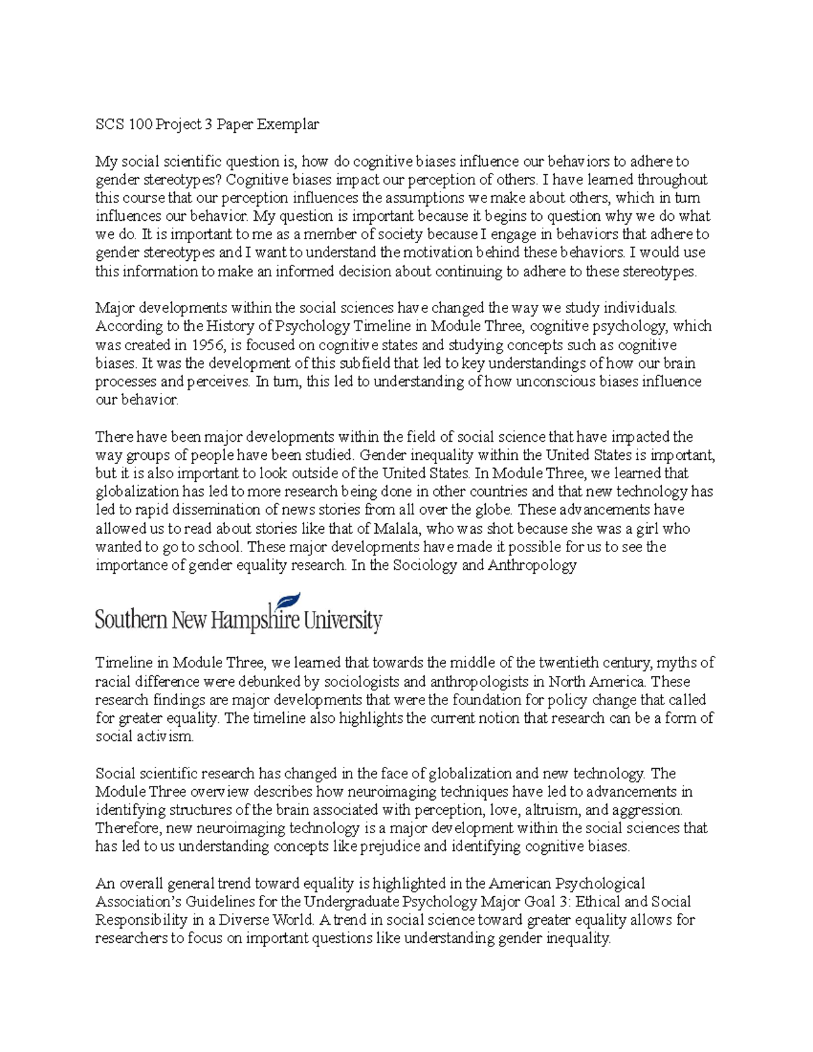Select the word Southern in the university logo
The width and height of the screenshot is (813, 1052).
pos(131,620)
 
